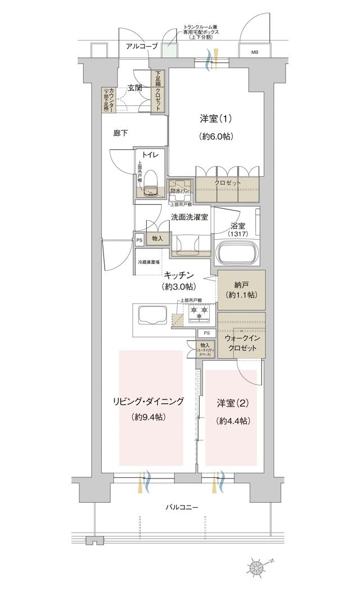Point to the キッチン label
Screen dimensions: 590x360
tap(179, 275)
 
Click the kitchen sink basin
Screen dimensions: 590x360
tap(150, 318)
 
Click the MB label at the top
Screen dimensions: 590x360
tap(254, 52)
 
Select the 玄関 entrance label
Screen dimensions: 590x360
tap(134, 87)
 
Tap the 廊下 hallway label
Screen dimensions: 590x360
tap(120, 133)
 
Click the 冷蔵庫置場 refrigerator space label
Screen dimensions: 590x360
tap(148, 262)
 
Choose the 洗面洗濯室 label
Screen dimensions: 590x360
tap(190, 217)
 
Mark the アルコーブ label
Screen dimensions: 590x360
tap(142, 46)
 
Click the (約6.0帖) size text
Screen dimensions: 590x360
tap(216, 136)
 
